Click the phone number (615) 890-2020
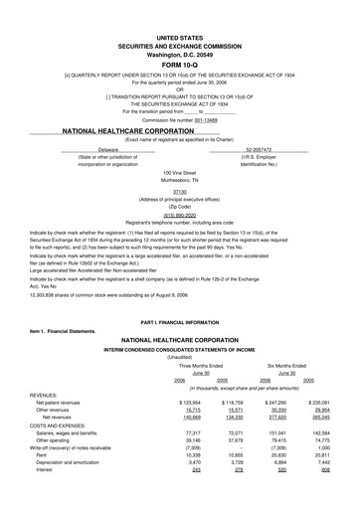pos(180,208)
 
